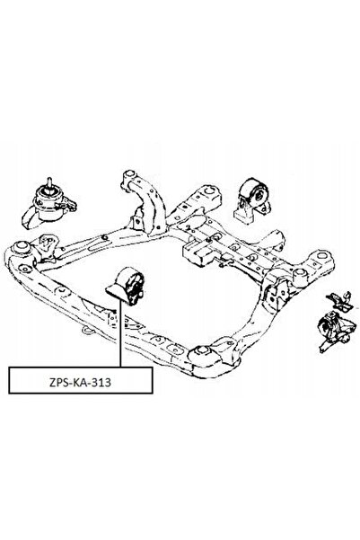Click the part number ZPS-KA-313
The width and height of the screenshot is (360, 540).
[x=80, y=382]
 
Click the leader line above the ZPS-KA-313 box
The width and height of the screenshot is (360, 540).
[x=120, y=333]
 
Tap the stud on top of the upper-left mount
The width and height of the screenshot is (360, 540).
[x=49, y=181]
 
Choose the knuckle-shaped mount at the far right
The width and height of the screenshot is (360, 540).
[x=337, y=330]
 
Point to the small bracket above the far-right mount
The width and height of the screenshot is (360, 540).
[x=340, y=301]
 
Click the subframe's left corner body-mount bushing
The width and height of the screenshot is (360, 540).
[x=22, y=247]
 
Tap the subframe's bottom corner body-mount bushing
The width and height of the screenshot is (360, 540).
[x=202, y=353]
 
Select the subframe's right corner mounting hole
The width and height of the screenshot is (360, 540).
[x=321, y=256]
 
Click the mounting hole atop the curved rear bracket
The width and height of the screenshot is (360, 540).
[x=128, y=174]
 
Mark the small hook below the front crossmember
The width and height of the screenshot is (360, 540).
[x=89, y=331]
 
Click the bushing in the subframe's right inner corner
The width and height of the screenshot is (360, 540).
[x=300, y=274]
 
